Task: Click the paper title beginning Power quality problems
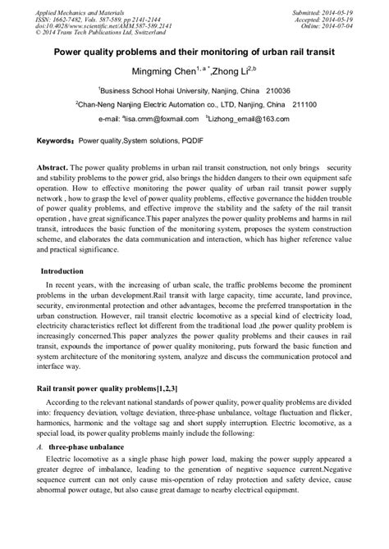tap(194, 51)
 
